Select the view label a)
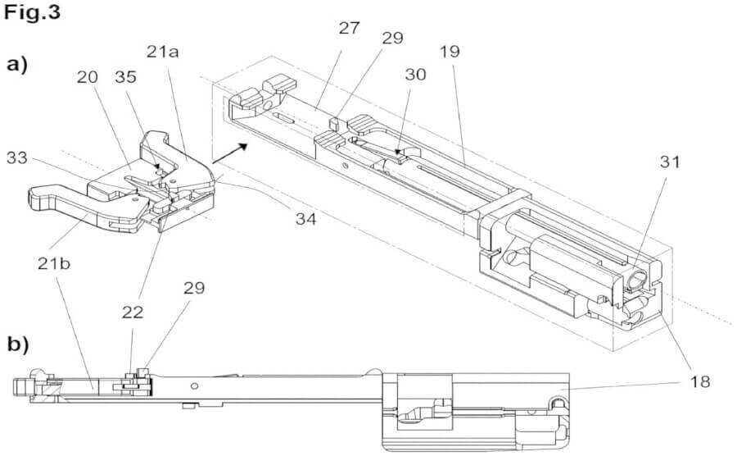coord(18,63)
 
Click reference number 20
coord(88,77)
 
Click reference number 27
coord(348,29)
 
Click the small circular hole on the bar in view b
coord(194,385)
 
